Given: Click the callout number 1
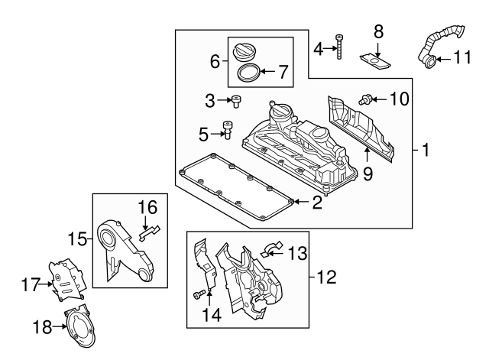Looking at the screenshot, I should pos(425,151).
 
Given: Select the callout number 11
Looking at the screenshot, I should pos(463,57).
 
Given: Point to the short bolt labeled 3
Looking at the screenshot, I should pos(237,99).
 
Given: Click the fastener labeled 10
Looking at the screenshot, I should pos(368,98).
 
